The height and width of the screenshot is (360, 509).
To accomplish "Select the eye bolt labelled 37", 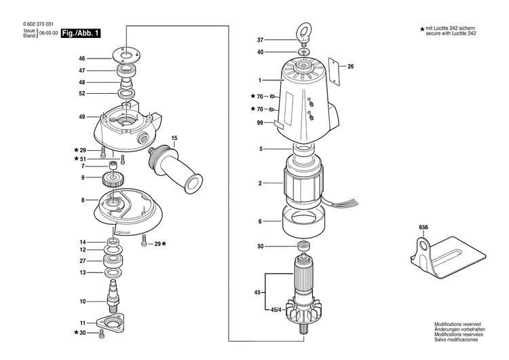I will [x=303, y=34].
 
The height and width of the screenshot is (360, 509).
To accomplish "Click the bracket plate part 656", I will [x=448, y=251].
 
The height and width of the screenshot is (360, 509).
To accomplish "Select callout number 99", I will [x=259, y=123].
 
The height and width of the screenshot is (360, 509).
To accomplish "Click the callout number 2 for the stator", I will [x=260, y=183].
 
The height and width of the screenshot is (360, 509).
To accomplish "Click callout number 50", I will [x=260, y=246].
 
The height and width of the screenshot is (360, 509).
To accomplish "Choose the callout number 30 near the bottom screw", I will [x=83, y=334].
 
